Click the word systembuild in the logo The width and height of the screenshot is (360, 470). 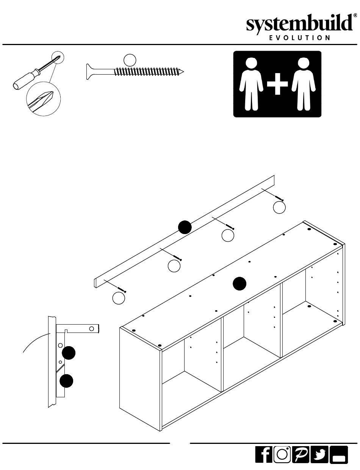click(x=299, y=24)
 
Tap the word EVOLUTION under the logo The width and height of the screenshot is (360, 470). click(x=299, y=38)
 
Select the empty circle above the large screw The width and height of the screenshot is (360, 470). click(x=130, y=59)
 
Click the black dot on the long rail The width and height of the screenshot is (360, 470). click(x=185, y=227)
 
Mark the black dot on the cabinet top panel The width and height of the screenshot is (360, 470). click(x=239, y=283)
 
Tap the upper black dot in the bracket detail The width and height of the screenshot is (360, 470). click(x=69, y=353)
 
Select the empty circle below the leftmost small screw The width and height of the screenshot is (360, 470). click(x=119, y=298)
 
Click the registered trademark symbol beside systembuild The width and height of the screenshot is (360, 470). click(x=355, y=16)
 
